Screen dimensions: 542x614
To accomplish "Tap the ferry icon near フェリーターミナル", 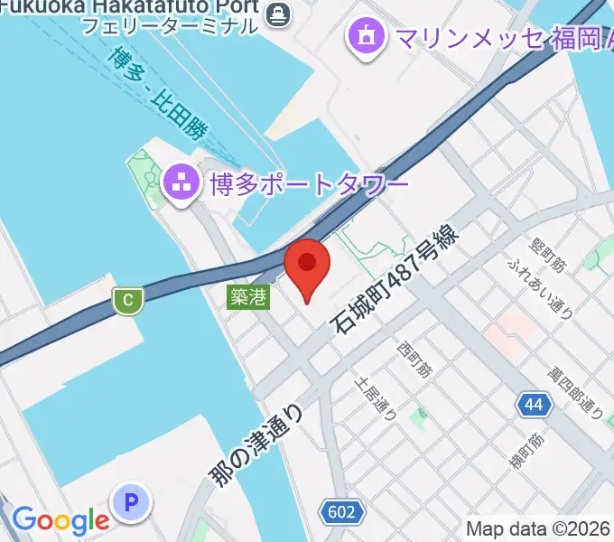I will (277, 12).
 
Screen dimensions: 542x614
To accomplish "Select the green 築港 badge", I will (248, 297).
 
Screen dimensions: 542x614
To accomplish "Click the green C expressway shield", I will (129, 300).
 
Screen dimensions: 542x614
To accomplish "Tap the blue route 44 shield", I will (535, 405).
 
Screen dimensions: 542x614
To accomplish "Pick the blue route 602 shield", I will (341, 513).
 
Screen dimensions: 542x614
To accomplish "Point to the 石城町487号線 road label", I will (398, 278).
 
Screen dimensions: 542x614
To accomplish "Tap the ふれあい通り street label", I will (539, 286).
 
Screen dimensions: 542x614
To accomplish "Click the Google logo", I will (60, 519).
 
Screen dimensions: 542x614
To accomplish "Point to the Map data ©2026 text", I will (538, 528).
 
